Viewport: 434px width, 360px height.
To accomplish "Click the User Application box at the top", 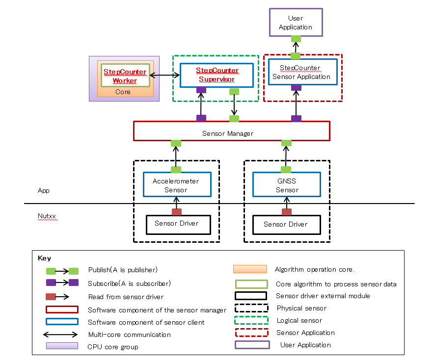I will [296, 22].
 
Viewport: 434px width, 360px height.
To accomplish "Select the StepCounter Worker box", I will [125, 76].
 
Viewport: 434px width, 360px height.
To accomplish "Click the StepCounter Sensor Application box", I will [302, 72].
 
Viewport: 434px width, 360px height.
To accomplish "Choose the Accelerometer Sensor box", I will [176, 185].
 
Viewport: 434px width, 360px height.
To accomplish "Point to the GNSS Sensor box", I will [287, 185].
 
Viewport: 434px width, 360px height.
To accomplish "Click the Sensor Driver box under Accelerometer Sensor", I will [176, 224].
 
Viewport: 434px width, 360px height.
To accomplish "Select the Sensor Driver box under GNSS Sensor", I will [287, 225].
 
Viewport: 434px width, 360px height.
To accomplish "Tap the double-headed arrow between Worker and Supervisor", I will [164, 75].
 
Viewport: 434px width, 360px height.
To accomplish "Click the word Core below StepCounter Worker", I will [123, 92].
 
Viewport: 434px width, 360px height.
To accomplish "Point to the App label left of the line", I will [44, 190].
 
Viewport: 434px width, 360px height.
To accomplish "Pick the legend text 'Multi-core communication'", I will [130, 334].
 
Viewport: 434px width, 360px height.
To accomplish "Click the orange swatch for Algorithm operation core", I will [250, 269].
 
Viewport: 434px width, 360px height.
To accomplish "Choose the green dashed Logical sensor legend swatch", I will [251, 320].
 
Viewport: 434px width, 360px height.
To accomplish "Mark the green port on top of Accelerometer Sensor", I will [176, 170].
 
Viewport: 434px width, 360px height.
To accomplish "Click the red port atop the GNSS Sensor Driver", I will [287, 212].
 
